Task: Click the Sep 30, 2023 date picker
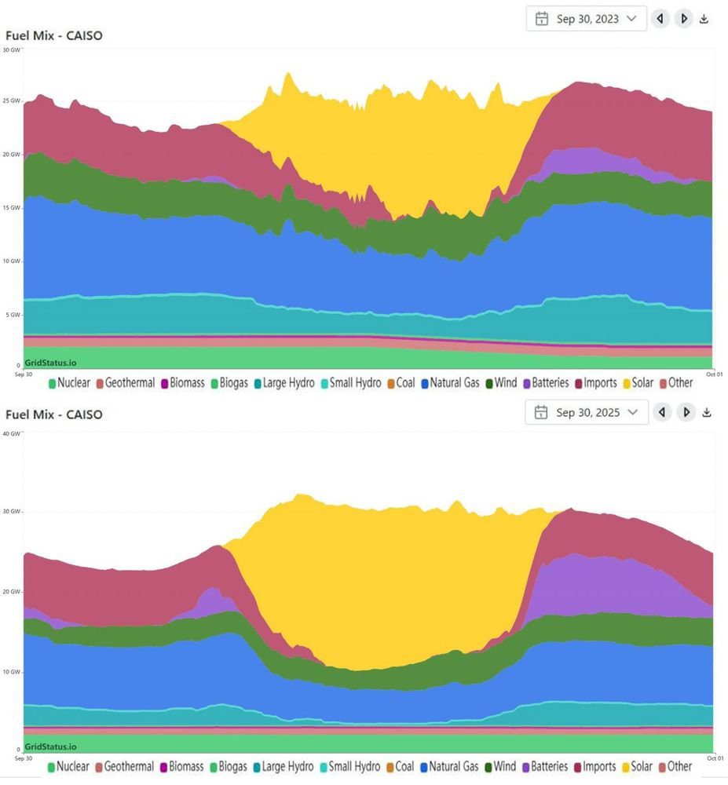click(587, 19)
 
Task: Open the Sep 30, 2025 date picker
click(587, 412)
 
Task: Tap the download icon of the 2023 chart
click(704, 19)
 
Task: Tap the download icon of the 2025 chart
click(706, 412)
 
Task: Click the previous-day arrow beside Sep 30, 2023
click(660, 19)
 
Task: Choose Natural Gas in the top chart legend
click(450, 383)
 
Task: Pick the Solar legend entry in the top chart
click(642, 383)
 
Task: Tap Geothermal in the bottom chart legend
click(129, 766)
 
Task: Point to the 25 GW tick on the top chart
click(11, 101)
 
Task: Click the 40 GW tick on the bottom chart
click(11, 433)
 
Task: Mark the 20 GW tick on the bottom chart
click(11, 592)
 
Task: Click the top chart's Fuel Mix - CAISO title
click(54, 35)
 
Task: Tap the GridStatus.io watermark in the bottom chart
click(50, 747)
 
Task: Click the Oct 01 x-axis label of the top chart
click(714, 374)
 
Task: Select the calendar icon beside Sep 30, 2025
click(541, 412)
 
